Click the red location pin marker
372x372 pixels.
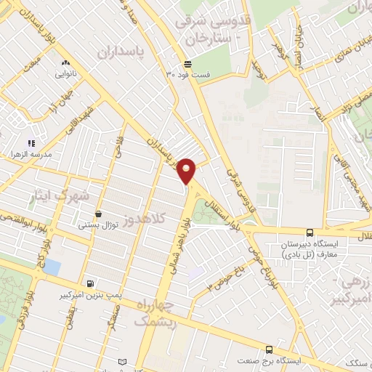coord(187,170)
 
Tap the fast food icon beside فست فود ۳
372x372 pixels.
coord(187,63)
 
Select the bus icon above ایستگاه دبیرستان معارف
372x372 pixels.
coord(310,232)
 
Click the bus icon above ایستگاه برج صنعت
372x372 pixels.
coord(269,349)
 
